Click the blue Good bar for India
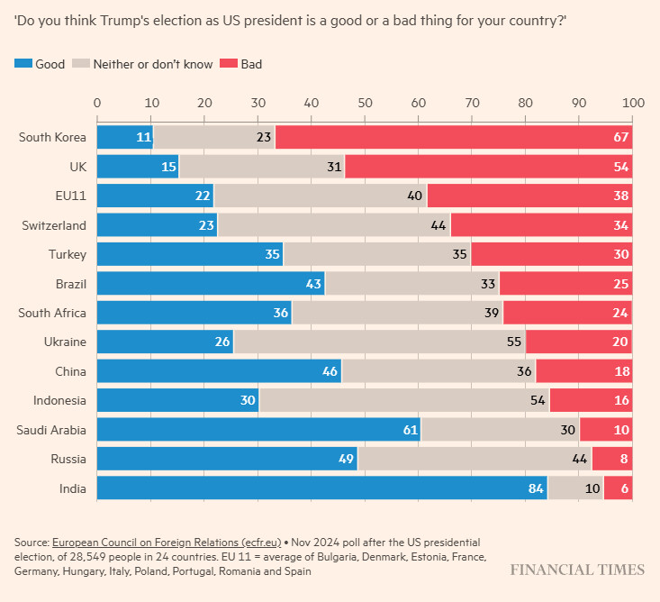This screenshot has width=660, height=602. (321, 488)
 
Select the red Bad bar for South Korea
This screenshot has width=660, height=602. (453, 137)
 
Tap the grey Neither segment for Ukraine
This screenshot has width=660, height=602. (379, 342)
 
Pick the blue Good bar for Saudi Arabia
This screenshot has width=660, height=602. (258, 429)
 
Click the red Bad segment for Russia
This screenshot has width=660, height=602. (611, 459)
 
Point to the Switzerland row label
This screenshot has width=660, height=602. (54, 224)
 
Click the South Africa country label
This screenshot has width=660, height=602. (52, 312)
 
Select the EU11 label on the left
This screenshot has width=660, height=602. (70, 196)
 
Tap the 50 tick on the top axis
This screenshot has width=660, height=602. (365, 103)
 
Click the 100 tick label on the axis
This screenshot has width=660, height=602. (632, 103)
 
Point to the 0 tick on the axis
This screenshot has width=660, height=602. (97, 103)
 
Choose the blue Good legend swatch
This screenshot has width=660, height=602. (23, 64)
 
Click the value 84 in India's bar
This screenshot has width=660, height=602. (536, 488)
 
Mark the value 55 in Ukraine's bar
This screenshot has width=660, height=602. (513, 342)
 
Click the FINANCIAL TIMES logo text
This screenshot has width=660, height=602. (577, 570)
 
